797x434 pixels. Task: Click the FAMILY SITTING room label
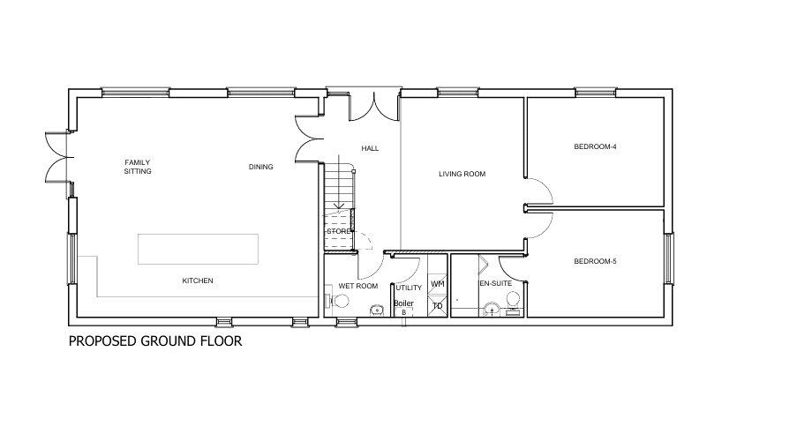(x=138, y=167)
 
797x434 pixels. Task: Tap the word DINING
(x=260, y=166)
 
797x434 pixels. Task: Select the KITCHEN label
(x=198, y=281)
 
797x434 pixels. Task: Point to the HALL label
(x=370, y=148)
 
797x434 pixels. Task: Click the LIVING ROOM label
(x=462, y=174)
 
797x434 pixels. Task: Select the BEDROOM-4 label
(x=594, y=146)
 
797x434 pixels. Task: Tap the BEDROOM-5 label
(x=594, y=261)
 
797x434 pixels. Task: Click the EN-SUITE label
(x=495, y=283)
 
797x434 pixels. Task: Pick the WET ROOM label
(x=358, y=287)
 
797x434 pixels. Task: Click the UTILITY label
(x=409, y=288)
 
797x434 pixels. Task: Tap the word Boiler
(x=403, y=303)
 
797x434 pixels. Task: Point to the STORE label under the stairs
(x=339, y=231)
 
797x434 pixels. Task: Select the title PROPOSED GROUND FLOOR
(x=154, y=340)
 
